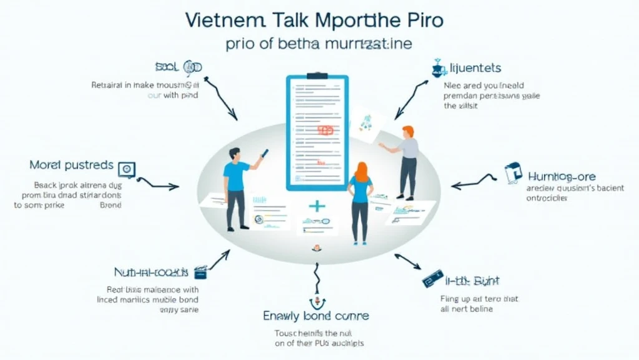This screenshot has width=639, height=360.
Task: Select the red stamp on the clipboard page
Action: point(325,130)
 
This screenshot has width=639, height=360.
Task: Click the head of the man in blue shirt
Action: point(234,154)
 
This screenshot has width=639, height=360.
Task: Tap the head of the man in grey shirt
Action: point(408,131)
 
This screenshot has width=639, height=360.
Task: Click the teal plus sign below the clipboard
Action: point(317,206)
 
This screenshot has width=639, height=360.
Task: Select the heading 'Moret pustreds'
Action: point(71,166)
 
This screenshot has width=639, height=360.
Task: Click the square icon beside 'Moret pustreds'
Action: point(127,168)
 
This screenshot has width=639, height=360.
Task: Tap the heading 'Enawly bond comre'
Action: point(316,316)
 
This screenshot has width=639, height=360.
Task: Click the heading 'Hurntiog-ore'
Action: point(561,177)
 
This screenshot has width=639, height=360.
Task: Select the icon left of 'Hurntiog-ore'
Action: point(512,173)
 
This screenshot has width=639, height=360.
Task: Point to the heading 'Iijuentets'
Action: point(476,67)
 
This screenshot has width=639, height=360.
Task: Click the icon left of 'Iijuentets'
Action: point(439,68)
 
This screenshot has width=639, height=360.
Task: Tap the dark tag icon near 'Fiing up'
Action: point(432,279)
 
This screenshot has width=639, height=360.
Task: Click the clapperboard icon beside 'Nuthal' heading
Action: point(200,272)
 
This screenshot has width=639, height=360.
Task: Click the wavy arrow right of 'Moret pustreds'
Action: point(157,183)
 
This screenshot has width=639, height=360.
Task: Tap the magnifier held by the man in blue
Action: point(264,153)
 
